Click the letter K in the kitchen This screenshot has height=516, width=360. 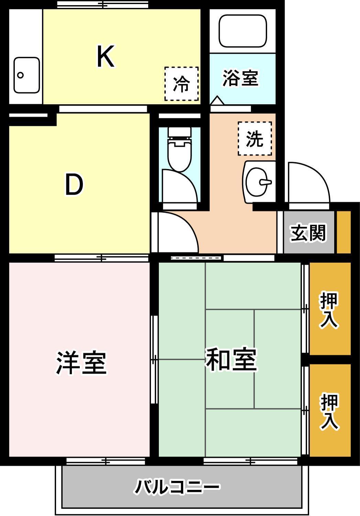(105, 57)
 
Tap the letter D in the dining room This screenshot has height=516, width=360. (74, 185)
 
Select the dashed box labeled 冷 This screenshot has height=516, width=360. (182, 84)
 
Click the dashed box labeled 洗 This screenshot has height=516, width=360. (255, 138)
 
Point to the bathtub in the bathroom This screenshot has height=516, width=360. (243, 31)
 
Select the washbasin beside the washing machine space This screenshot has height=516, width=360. (260, 181)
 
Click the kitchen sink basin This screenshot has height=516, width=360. (26, 75)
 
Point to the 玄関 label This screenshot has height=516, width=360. (308, 233)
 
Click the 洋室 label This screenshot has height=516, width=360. (81, 362)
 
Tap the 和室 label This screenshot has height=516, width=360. (231, 360)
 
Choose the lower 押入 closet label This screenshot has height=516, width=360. (329, 411)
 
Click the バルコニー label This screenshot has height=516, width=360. (177, 487)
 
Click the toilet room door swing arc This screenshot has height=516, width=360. (180, 186)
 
